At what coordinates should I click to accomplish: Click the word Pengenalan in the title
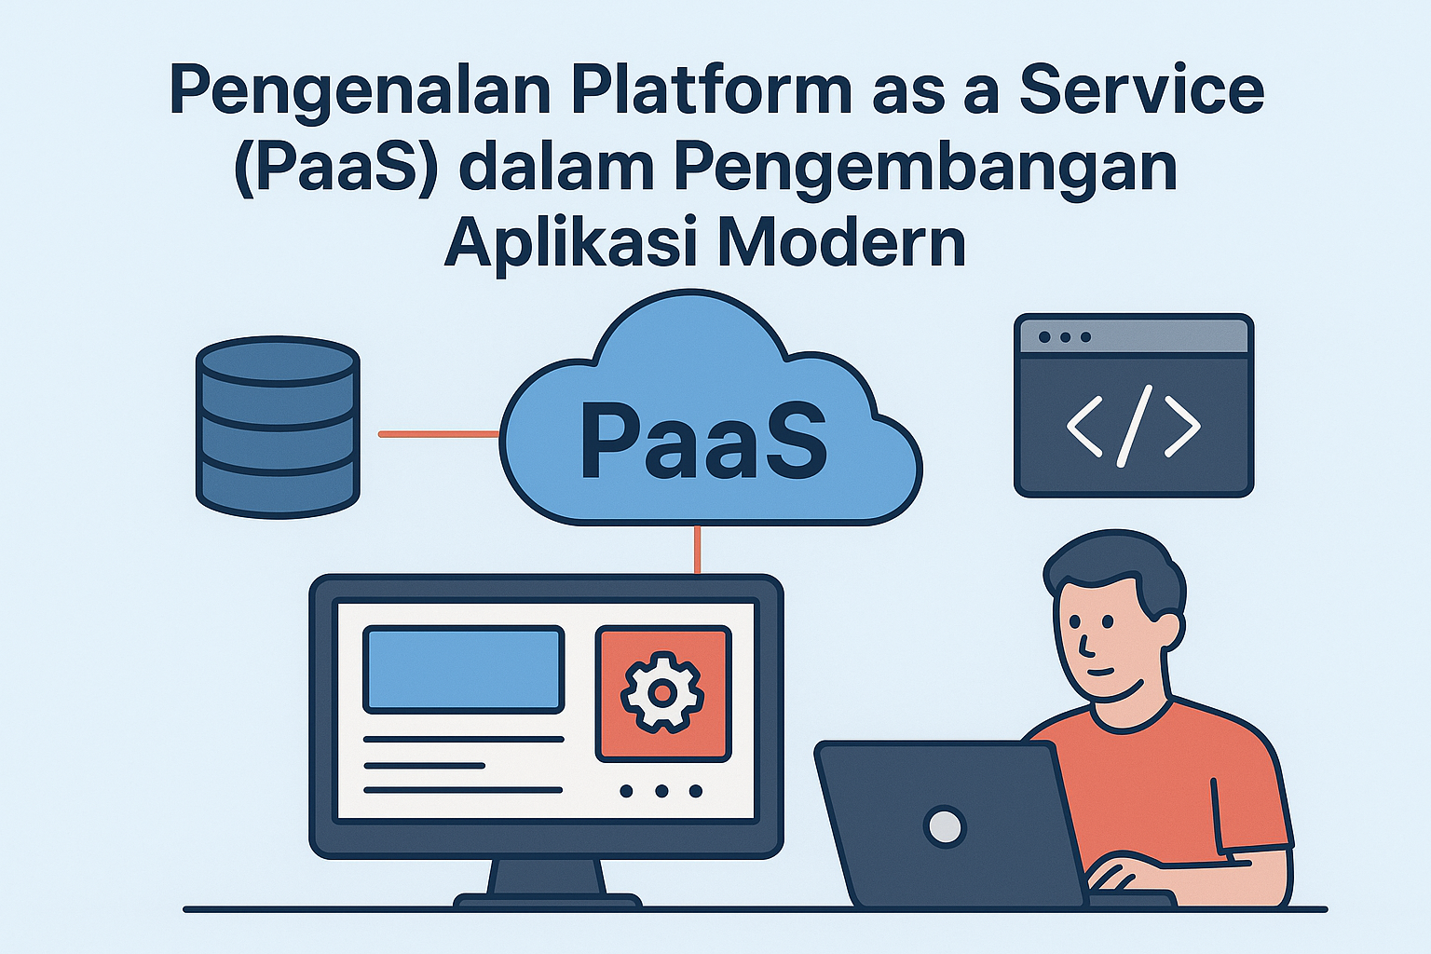point(360,93)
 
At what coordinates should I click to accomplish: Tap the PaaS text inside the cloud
point(703,442)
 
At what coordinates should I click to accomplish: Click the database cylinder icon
point(278,427)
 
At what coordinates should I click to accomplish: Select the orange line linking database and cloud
point(439,434)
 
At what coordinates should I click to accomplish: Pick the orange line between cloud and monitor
point(697,551)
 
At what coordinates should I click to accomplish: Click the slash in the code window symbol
point(1134,426)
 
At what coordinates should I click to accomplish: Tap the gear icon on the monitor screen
point(663,692)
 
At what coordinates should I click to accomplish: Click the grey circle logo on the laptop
point(945,827)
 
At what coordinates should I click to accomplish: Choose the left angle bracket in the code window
point(1084,426)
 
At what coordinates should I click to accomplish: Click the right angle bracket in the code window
point(1182,426)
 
